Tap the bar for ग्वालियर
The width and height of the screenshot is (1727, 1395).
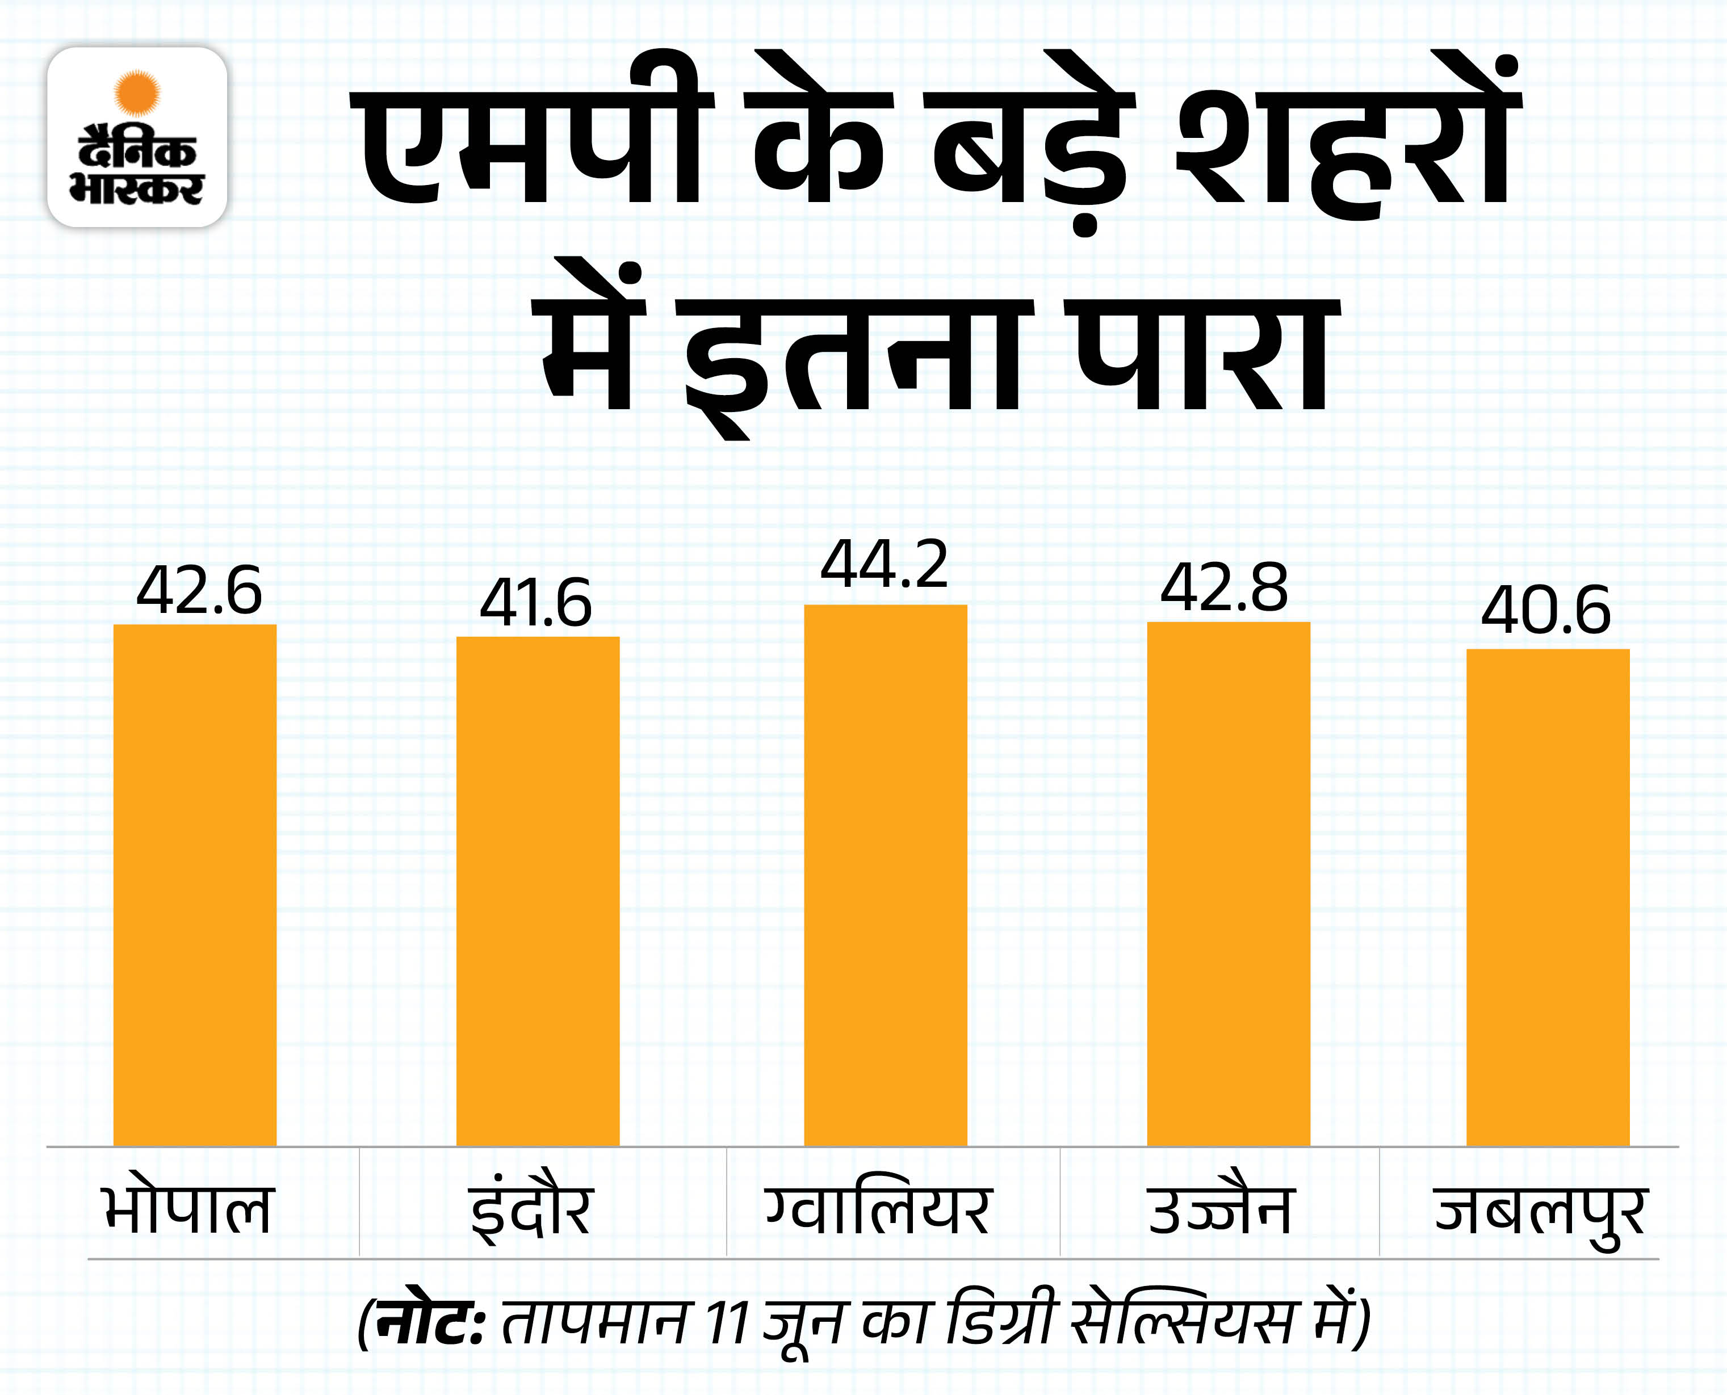click(x=886, y=875)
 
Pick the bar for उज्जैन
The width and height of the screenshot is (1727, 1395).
click(x=1228, y=884)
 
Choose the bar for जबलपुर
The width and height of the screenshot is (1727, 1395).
click(x=1548, y=897)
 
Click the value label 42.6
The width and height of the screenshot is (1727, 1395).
click(x=199, y=591)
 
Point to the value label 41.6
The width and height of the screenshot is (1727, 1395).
click(x=536, y=603)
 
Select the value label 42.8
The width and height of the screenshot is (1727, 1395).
click(x=1224, y=587)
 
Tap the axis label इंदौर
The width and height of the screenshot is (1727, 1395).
click(x=531, y=1209)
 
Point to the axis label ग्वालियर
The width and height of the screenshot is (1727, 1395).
click(x=878, y=1209)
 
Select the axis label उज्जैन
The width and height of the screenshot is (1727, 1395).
click(x=1220, y=1209)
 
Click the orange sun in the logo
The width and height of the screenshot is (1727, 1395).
click(x=137, y=93)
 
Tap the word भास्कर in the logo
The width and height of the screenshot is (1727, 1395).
click(x=137, y=189)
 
